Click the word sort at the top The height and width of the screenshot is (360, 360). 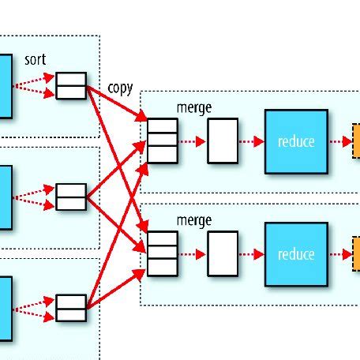pyautogui.click(x=35, y=60)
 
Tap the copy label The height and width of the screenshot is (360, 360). pyautogui.click(x=120, y=88)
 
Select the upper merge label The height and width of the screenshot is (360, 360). pyautogui.click(x=194, y=107)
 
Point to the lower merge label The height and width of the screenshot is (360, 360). pyautogui.click(x=194, y=220)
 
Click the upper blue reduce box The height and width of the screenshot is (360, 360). pyautogui.click(x=296, y=141)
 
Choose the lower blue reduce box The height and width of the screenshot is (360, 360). pyautogui.click(x=296, y=254)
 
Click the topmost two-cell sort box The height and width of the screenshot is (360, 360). pyautogui.click(x=70, y=85)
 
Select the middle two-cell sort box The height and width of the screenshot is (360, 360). pyautogui.click(x=70, y=197)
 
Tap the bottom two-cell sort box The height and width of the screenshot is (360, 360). pyautogui.click(x=70, y=308)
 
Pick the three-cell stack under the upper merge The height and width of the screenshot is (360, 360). pyautogui.click(x=163, y=141)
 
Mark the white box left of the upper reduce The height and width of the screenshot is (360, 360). pyautogui.click(x=223, y=141)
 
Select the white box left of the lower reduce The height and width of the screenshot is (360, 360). pyautogui.click(x=223, y=254)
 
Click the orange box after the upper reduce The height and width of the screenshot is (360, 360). pyautogui.click(x=355, y=141)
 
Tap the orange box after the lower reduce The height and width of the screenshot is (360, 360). pyautogui.click(x=355, y=254)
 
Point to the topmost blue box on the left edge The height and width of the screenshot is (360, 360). pyautogui.click(x=6, y=85)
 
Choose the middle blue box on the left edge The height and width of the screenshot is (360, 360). pyautogui.click(x=6, y=197)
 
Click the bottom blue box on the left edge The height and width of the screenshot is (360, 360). pyautogui.click(x=6, y=308)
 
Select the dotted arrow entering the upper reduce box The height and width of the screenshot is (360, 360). pyautogui.click(x=251, y=142)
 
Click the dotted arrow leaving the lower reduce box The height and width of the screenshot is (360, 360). pyautogui.click(x=339, y=254)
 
